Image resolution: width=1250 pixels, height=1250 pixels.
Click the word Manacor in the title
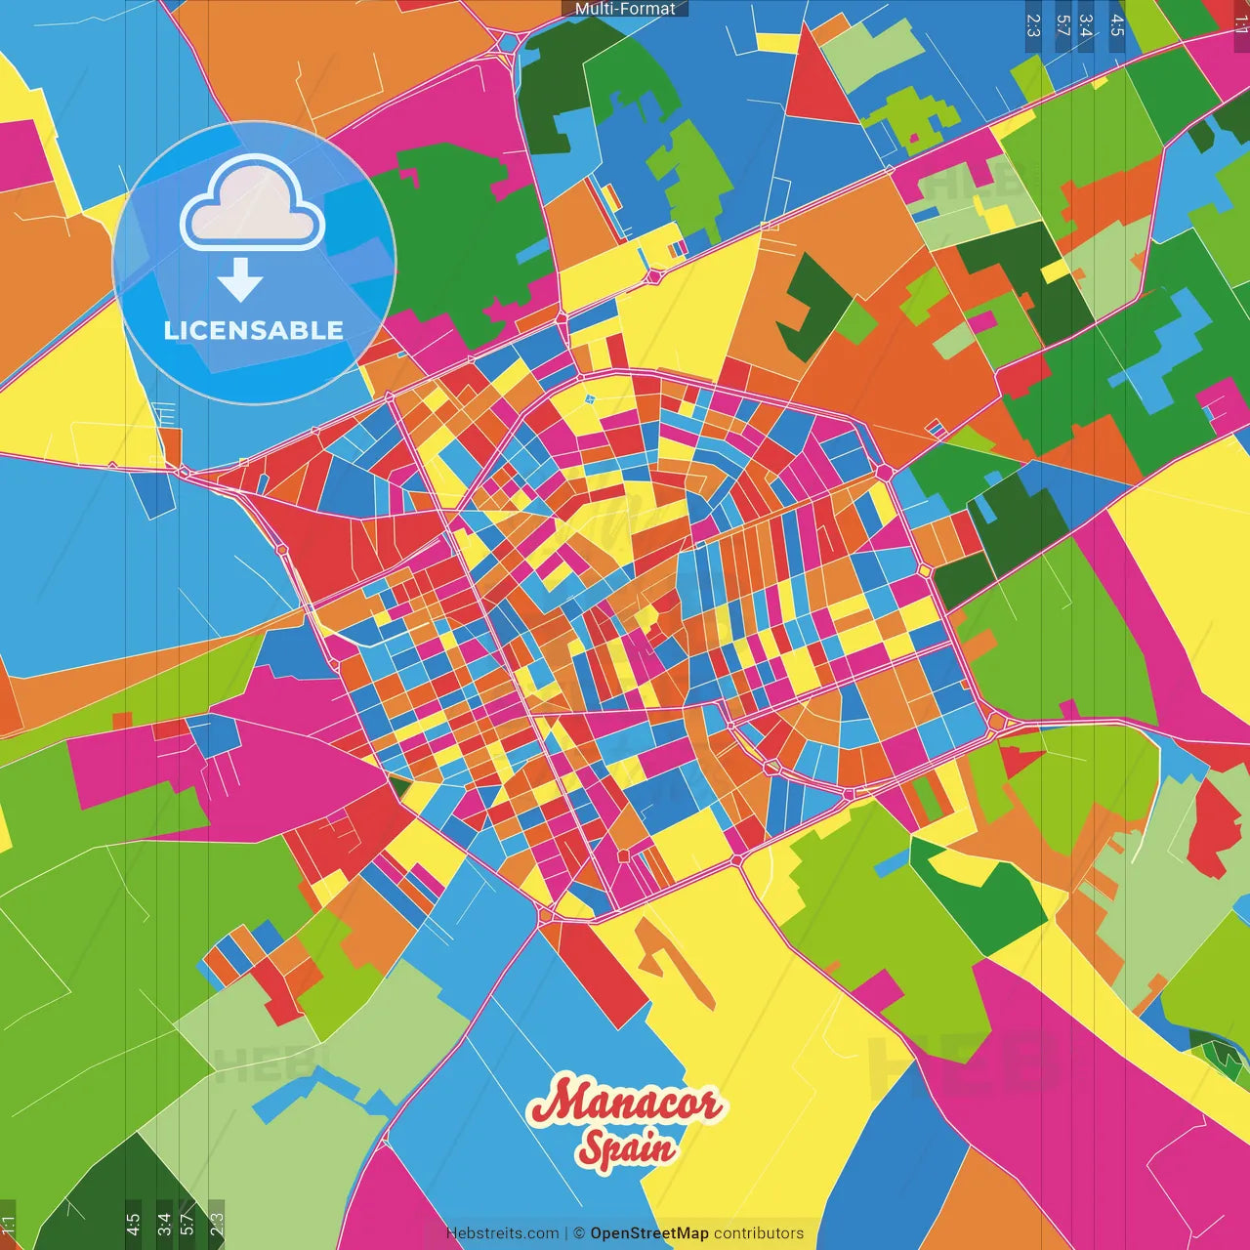tap(625, 1104)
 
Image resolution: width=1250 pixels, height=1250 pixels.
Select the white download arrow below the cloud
tap(240, 279)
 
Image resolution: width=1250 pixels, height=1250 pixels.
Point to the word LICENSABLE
tap(254, 330)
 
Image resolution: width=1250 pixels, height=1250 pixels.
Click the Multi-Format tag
tap(625, 9)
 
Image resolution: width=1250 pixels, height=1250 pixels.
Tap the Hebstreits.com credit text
tap(502, 1233)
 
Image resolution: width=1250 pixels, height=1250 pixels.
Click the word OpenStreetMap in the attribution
tap(649, 1233)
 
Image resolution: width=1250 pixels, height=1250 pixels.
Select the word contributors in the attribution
tap(759, 1233)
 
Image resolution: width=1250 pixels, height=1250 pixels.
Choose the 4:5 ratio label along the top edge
tap(1117, 24)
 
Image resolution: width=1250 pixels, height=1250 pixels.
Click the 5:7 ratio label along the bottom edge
tap(187, 1225)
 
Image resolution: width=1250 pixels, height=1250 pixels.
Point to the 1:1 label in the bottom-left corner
tap(9, 1225)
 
